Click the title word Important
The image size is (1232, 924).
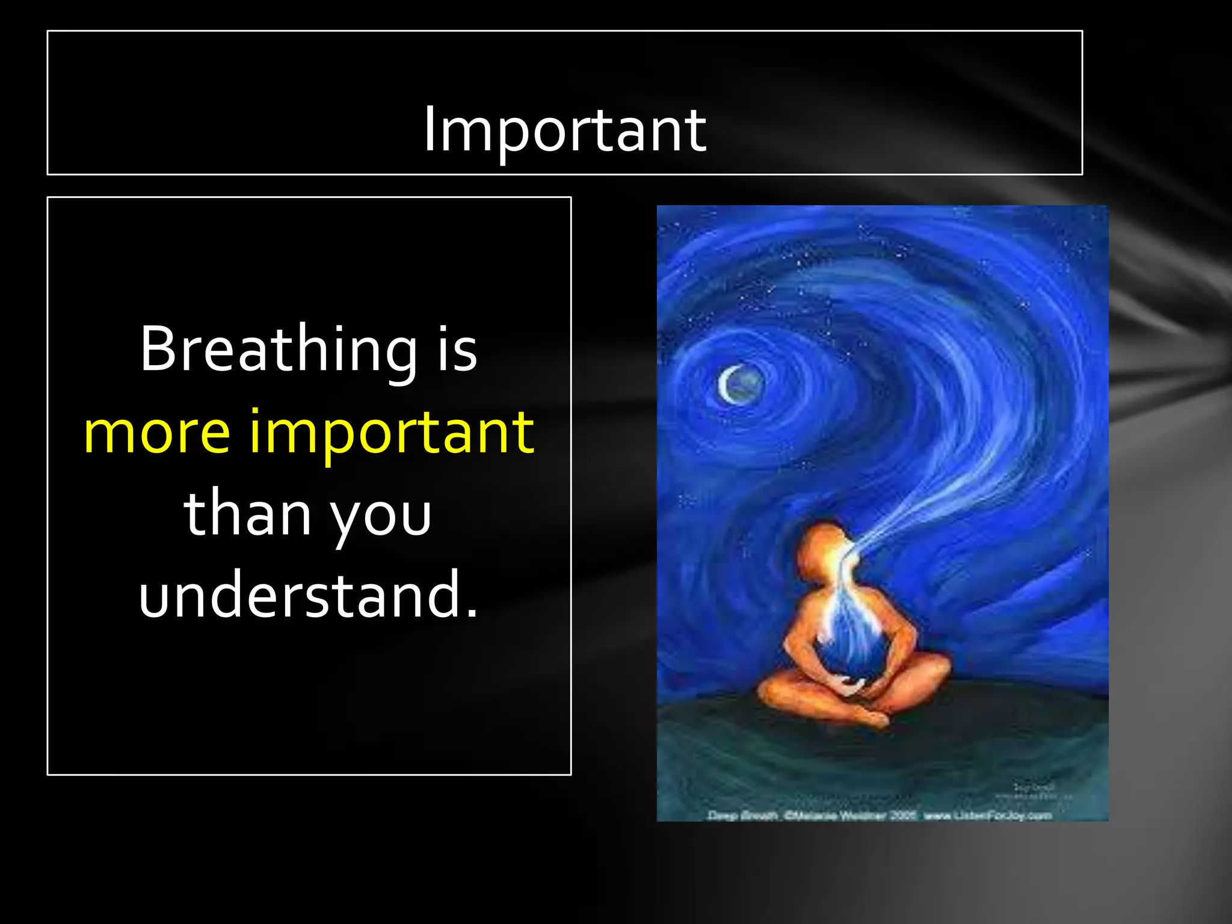(x=564, y=129)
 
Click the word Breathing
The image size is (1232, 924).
(x=279, y=350)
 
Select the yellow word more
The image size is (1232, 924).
(x=157, y=431)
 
